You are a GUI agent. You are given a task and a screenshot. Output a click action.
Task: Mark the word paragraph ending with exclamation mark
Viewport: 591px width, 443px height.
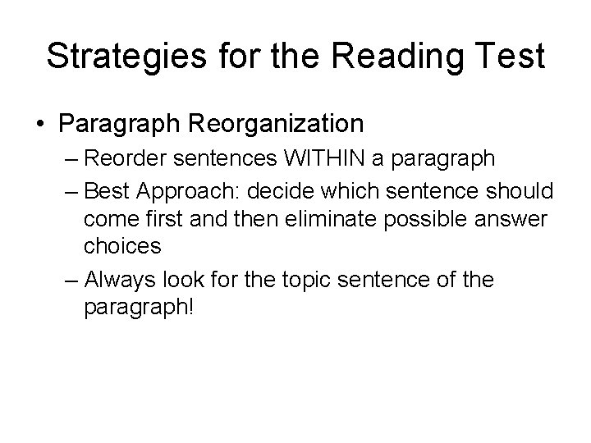pos(140,307)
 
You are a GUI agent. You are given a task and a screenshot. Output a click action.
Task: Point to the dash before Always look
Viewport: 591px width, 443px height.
pos(70,280)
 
